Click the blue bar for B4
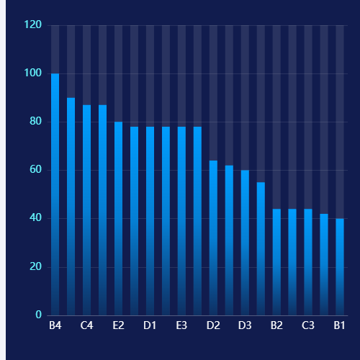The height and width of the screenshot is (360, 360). click(55, 194)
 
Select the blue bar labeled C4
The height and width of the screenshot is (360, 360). click(86, 210)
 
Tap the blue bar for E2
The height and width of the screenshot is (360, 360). click(118, 219)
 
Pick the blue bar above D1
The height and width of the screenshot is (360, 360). click(150, 221)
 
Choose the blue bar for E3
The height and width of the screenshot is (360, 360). click(181, 221)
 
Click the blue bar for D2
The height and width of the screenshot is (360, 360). click(213, 238)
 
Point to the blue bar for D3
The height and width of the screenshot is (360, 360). click(245, 243)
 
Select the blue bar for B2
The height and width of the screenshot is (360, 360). click(276, 262)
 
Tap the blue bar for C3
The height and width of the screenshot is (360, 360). click(308, 262)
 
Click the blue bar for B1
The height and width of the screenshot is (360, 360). click(340, 267)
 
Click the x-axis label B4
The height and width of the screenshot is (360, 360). click(55, 325)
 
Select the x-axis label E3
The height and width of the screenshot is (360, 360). click(181, 325)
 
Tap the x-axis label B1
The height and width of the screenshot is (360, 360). click(339, 325)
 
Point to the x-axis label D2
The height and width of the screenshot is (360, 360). click(213, 325)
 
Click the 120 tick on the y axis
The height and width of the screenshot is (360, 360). click(33, 24)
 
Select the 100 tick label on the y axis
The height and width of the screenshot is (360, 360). click(33, 73)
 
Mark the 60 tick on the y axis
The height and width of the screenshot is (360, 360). click(36, 170)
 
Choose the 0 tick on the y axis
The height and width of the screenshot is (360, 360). click(39, 315)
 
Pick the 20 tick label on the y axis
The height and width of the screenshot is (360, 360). click(36, 266)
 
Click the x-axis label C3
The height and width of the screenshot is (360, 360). click(308, 325)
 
